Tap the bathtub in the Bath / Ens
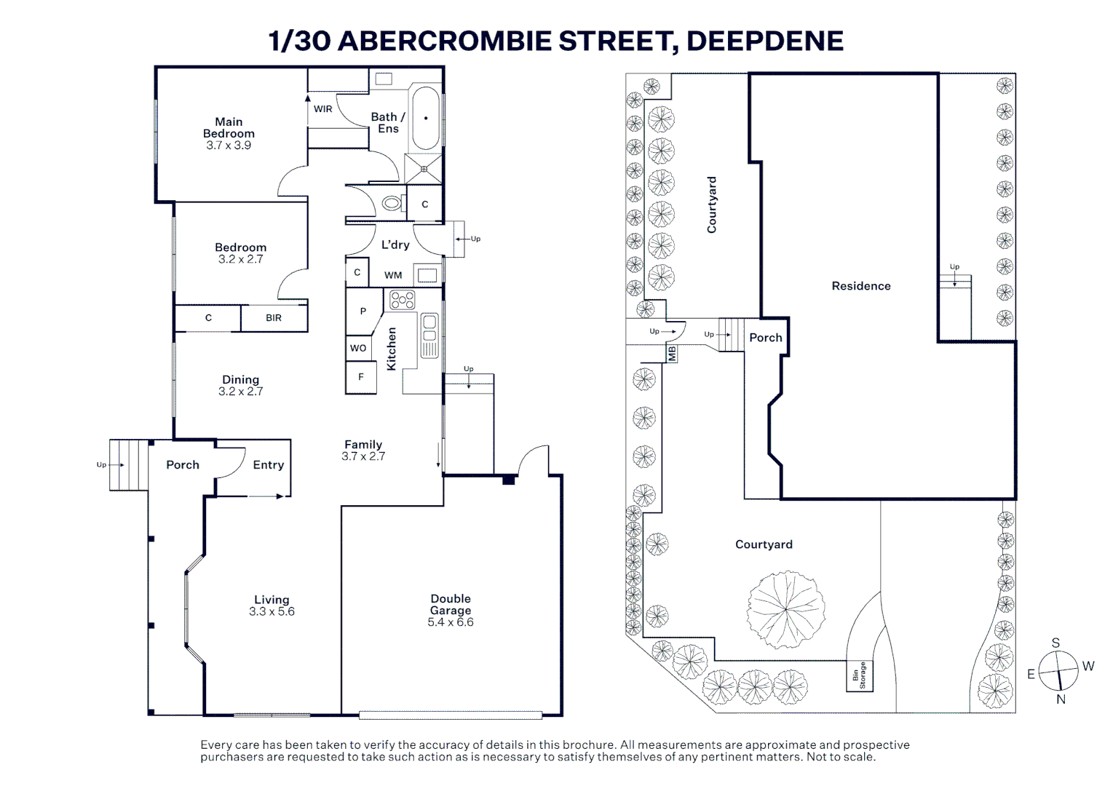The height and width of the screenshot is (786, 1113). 426,118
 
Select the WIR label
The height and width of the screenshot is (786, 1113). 322,109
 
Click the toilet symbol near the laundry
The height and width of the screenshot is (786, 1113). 392,204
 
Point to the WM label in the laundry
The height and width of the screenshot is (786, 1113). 393,275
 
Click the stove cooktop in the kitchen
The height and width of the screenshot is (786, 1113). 402,299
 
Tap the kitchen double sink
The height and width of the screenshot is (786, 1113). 429,335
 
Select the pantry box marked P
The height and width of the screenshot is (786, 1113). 363,311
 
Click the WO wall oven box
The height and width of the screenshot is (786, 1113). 358,348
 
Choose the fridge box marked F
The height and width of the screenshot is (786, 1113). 360,377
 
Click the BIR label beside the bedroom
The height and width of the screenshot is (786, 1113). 274,318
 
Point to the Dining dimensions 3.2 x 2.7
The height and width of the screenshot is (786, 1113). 240,392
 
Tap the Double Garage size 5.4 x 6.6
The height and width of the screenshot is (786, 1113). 451,622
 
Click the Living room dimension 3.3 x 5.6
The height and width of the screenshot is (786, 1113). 272,612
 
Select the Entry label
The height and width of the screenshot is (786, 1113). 268,465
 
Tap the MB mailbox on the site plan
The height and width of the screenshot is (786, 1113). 672,354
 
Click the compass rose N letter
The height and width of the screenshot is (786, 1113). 1061,699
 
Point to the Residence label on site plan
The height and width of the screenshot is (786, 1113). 861,286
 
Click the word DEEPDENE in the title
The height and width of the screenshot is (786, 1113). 764,41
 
